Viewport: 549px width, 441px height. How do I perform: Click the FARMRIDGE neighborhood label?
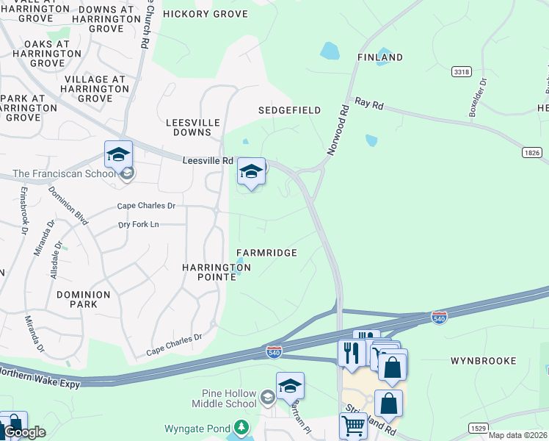coord(266,253)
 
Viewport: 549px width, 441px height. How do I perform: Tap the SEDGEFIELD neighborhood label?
coord(289,110)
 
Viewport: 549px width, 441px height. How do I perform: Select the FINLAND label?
coord(379,57)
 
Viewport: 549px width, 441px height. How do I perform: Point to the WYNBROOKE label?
coord(483,361)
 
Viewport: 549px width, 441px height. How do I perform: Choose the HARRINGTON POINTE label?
coord(217,272)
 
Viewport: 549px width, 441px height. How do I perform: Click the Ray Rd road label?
coord(369,104)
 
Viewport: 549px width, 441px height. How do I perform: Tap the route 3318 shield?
coord(462,72)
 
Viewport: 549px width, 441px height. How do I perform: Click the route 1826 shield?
coord(533,152)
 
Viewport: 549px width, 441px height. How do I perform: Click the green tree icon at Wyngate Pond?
coord(241,427)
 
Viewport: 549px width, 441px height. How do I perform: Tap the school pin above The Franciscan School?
coord(118,155)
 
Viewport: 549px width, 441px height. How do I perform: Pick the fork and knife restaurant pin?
coord(352,353)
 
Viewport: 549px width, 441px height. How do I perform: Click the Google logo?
coord(24,432)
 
